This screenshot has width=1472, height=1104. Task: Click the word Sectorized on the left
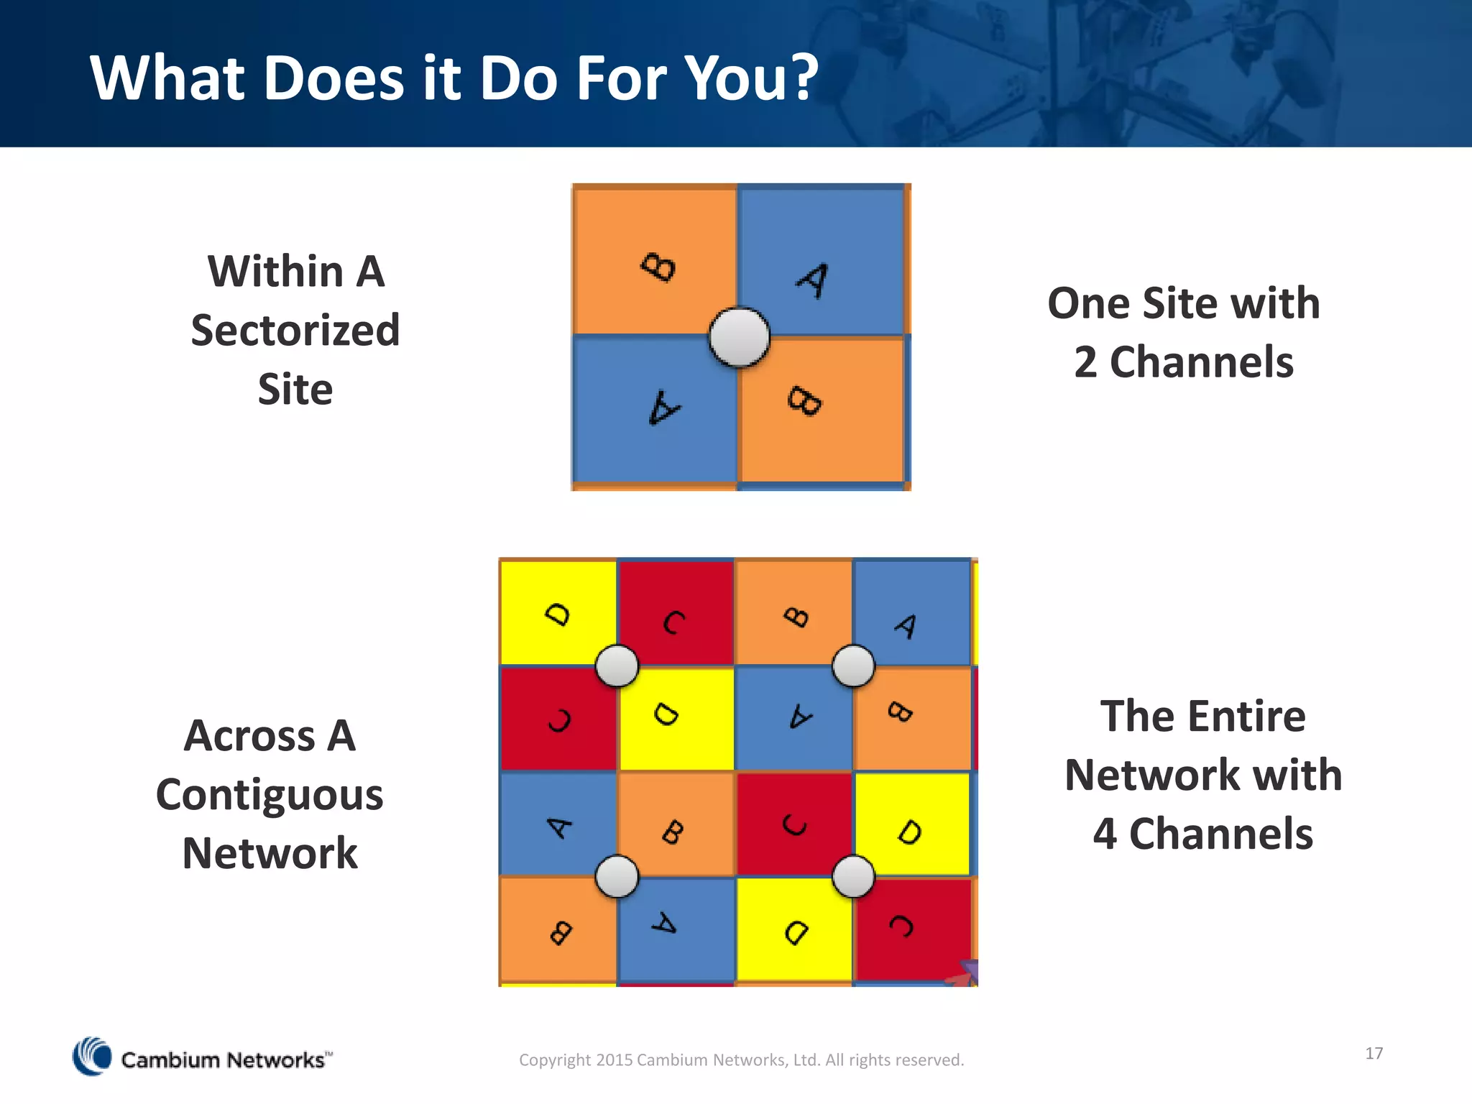tap(295, 331)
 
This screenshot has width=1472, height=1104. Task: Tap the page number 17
tap(1374, 1053)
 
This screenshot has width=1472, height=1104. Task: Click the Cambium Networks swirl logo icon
tap(93, 1057)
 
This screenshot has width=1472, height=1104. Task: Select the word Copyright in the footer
tap(555, 1059)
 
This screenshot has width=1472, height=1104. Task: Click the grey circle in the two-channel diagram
tap(739, 337)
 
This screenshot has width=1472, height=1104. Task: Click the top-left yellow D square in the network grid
tap(558, 612)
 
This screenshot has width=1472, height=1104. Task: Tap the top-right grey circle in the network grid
tap(853, 666)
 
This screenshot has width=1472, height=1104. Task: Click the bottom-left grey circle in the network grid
tap(617, 876)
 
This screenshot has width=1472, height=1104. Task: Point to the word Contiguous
tap(270, 795)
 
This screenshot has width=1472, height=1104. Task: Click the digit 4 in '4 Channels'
tap(1105, 834)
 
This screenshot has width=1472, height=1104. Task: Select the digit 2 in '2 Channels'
tap(1085, 362)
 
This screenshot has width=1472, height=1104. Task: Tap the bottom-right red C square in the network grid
tap(913, 929)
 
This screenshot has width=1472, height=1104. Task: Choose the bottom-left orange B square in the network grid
tap(558, 929)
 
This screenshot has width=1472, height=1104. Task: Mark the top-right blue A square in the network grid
tap(911, 612)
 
